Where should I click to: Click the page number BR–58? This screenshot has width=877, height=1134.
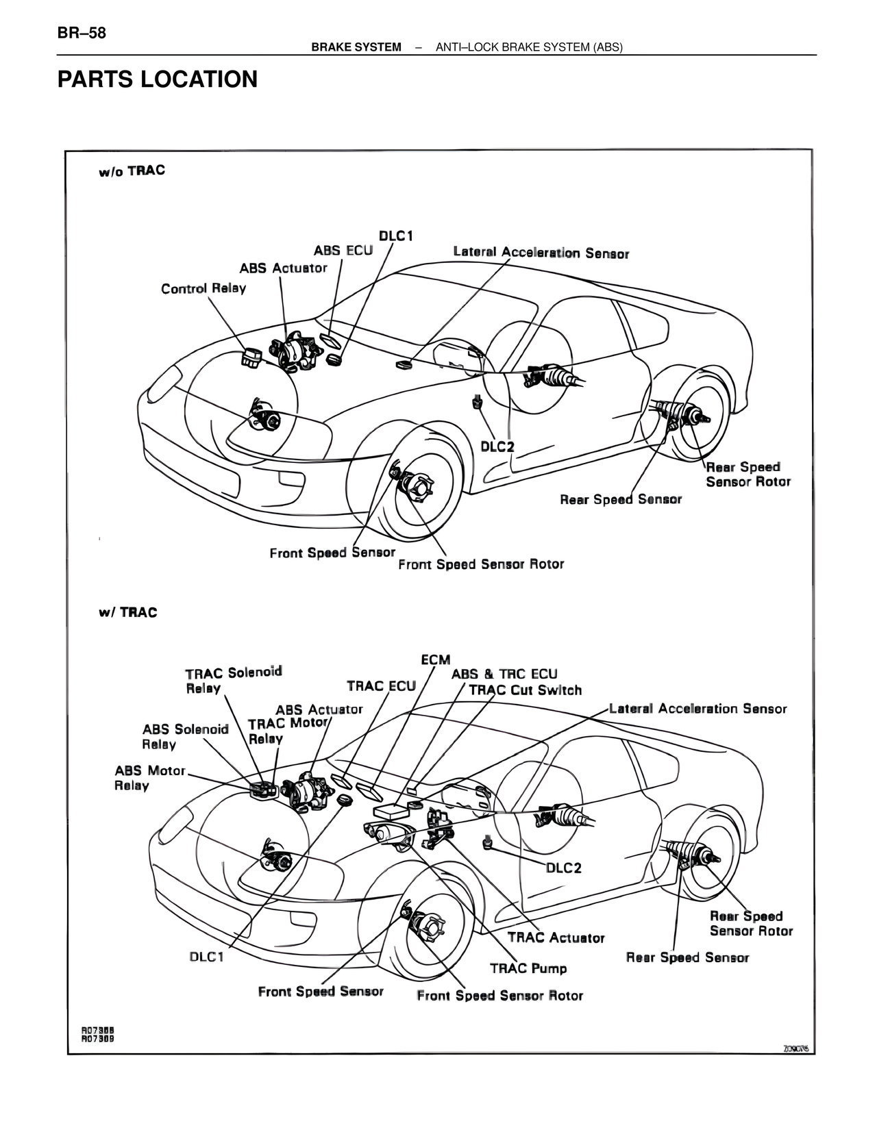coord(82,33)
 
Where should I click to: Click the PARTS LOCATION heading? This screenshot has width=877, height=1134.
coord(158,79)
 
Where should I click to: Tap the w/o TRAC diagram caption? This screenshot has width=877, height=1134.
coord(132,171)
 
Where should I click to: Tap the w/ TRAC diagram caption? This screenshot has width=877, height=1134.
coord(127,612)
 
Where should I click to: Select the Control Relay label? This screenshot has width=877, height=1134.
coord(203,288)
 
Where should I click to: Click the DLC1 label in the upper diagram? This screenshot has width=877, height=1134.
coord(396,236)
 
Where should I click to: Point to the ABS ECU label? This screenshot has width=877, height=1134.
coord(343,251)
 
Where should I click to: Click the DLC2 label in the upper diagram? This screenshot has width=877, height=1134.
coord(497,446)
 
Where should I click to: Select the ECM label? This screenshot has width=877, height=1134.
coord(435,659)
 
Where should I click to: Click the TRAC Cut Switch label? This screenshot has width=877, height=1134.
coord(525,690)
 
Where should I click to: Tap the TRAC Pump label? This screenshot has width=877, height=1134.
coord(528,968)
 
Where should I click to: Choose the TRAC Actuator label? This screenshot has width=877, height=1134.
coord(556,937)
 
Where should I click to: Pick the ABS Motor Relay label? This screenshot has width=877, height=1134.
coord(149,778)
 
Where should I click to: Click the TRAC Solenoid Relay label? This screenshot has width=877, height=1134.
coord(233,680)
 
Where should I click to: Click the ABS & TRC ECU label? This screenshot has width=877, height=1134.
coord(504,674)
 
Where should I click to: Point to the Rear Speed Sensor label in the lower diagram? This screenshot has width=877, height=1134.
coord(687,957)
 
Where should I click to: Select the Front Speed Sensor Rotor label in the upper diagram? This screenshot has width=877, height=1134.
coord(481,564)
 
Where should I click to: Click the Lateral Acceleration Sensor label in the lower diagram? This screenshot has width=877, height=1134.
coord(697,709)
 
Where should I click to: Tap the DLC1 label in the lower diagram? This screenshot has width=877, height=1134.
coord(206,957)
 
